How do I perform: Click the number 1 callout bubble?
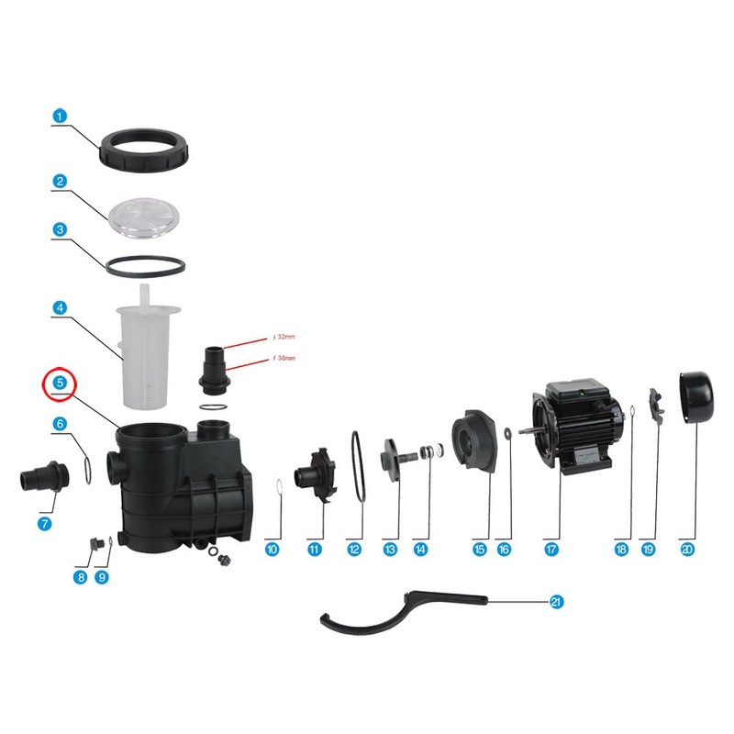pos(59,117)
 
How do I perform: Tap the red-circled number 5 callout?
pos(59,382)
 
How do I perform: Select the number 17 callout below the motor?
pos(551,549)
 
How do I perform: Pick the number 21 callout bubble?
pos(555,602)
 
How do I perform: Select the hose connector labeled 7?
pos(40,481)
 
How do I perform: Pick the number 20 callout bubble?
pos(688,549)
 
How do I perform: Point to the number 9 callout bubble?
pos(102,577)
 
